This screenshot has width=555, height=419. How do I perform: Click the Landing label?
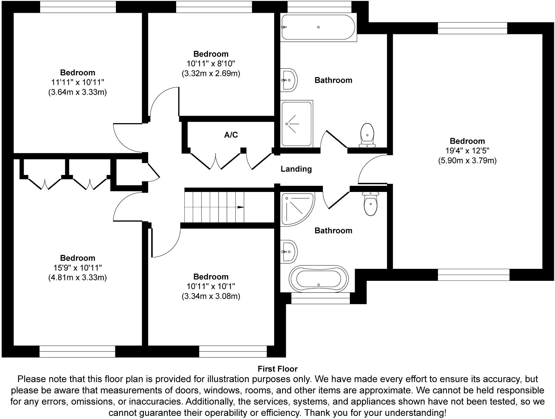coord(296,169)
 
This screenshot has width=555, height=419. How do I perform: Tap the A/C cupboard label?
coord(231,135)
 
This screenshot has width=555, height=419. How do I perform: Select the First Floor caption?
coord(277,369)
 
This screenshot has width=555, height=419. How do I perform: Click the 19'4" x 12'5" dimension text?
coord(467,151)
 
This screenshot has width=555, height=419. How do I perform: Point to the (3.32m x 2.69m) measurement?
coord(211,74)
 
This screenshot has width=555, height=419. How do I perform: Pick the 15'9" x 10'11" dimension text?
coord(77,268)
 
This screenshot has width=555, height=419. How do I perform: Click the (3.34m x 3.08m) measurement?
coord(211,296)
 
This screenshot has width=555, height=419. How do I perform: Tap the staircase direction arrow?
coord(240,207)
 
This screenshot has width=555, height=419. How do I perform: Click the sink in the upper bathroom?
coord(288,80)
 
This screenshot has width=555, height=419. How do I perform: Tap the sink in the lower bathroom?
coord(288,252)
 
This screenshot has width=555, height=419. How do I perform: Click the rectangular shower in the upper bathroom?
coord(296,124)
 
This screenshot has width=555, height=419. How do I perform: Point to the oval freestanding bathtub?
coord(318,279)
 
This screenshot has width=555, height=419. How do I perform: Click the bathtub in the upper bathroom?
coord(318,27)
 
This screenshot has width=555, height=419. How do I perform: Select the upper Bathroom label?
coord(333,80)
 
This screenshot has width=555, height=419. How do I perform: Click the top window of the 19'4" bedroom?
coord(472,28)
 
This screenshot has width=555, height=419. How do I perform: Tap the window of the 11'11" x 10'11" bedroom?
coord(78,7)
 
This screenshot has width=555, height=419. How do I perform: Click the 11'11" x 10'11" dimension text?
coord(77,82)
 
